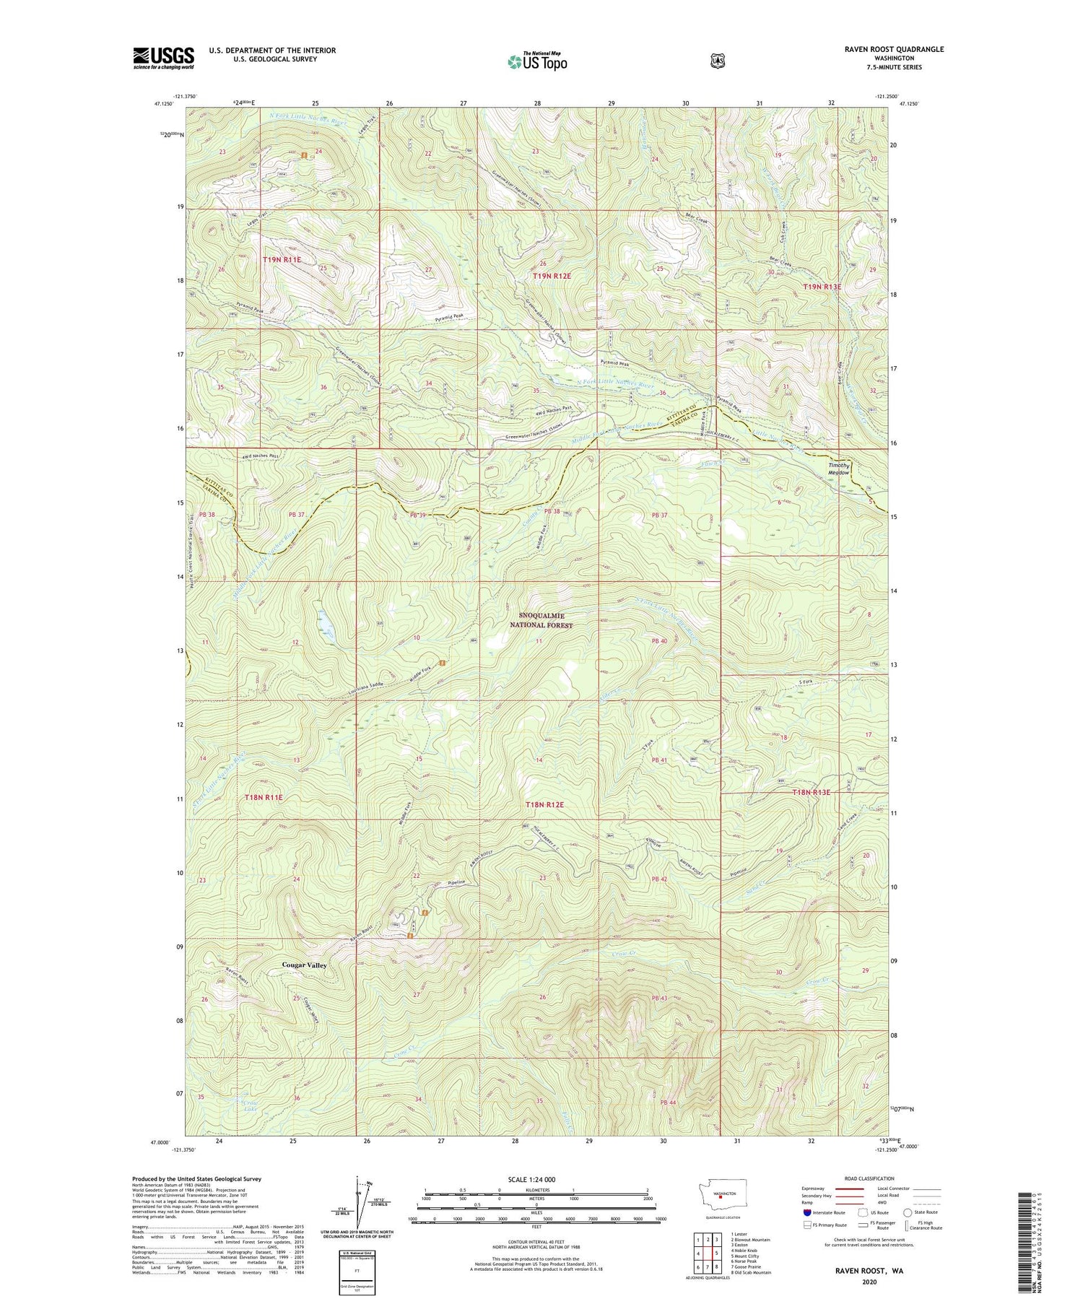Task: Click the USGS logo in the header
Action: tap(163, 58)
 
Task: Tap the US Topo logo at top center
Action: tap(537, 61)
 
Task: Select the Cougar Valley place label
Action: tap(304, 965)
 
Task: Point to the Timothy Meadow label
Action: tap(839, 469)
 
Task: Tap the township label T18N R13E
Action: tap(812, 792)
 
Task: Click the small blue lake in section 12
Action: tap(324, 619)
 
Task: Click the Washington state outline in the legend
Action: tap(728, 1195)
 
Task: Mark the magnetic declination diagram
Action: tap(359, 1204)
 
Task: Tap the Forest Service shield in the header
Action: tap(717, 61)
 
